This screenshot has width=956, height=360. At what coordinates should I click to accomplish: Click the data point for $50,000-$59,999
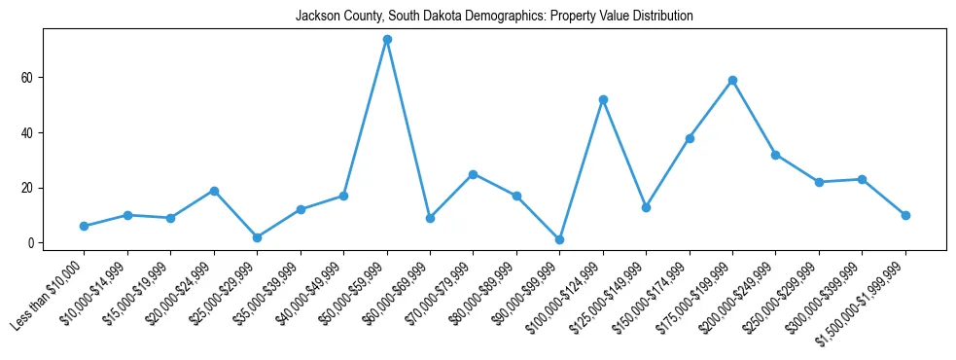click(x=387, y=40)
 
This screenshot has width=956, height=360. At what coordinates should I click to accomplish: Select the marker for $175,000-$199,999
click(x=732, y=80)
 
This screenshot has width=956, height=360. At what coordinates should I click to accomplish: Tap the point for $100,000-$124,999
click(x=603, y=99)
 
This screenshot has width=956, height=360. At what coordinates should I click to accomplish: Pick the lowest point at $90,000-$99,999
click(x=559, y=239)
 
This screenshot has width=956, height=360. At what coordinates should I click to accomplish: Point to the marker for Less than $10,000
click(x=85, y=226)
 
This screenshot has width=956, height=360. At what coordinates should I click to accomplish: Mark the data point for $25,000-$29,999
click(x=257, y=237)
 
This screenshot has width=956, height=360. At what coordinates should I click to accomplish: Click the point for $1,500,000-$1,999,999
click(x=905, y=215)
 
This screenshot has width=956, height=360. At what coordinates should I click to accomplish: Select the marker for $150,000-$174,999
click(x=690, y=138)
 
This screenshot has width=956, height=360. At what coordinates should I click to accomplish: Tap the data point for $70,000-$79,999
click(x=473, y=174)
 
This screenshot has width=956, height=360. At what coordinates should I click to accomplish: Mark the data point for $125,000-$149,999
click(x=646, y=207)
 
